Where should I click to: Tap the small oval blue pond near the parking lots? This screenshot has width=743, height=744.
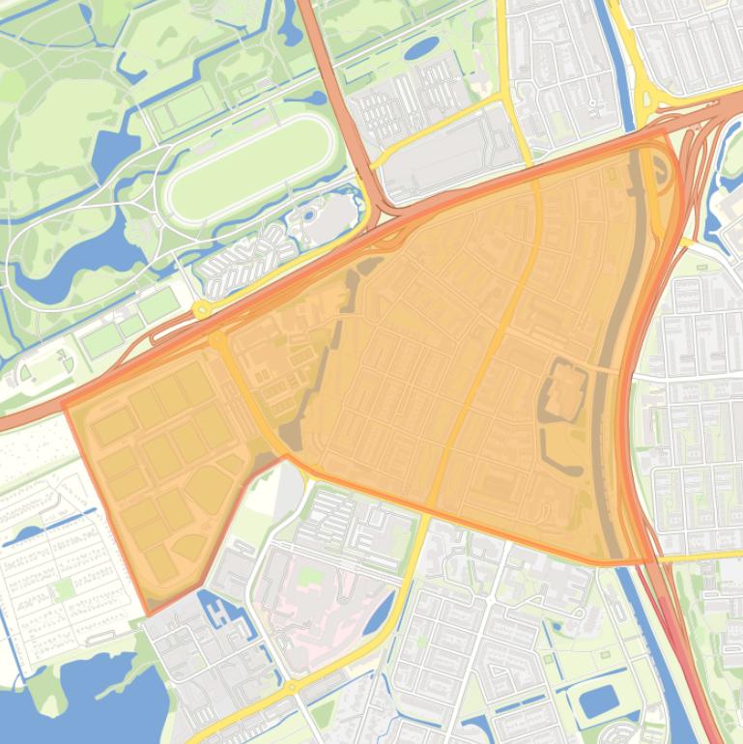pos(421,48)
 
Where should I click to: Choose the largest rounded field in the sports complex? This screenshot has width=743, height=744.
pos(210,489)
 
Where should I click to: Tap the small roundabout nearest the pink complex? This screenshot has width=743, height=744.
pos(291,688)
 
